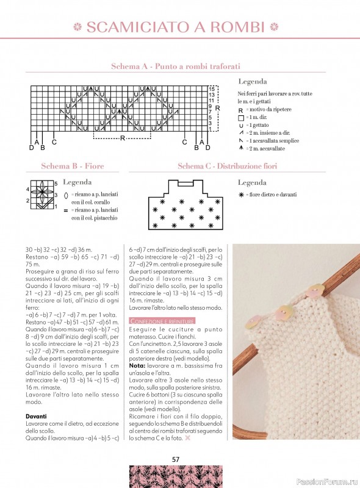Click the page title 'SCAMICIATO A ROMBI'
[x=176, y=27]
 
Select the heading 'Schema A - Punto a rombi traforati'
[x=175, y=66]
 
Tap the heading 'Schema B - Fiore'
[x=71, y=166]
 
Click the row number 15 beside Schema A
[x=211, y=88]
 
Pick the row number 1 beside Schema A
[x=210, y=129]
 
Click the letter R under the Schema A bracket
[x=123, y=138]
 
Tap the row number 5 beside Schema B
[x=56, y=183]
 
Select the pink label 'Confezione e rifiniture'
[x=162, y=321]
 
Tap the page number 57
[x=176, y=459]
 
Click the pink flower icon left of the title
[x=77, y=27]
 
